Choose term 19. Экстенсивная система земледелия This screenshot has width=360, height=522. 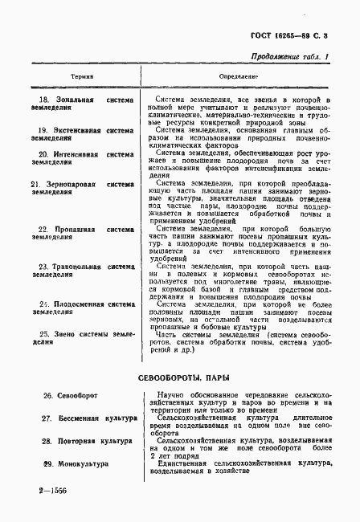click(80, 133)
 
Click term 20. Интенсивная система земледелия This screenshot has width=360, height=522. click(80, 157)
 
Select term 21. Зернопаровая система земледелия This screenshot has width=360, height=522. click(80, 189)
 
